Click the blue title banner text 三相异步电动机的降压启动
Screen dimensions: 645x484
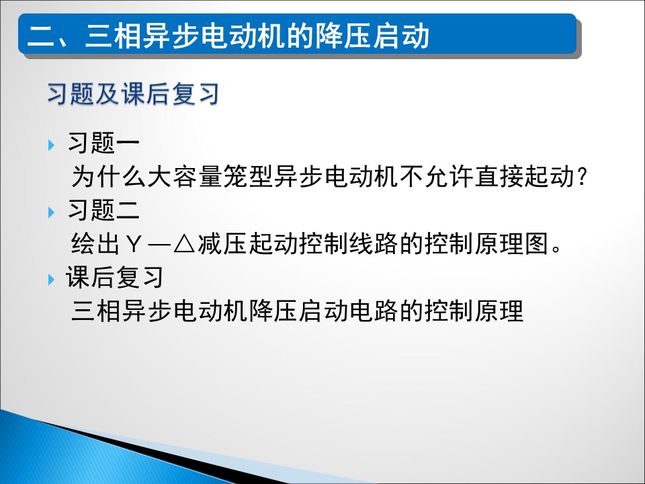[x=257, y=35]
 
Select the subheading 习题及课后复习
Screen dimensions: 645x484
[x=133, y=93]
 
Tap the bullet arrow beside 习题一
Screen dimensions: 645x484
[x=52, y=145]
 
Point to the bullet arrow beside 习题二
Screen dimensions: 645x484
[x=52, y=212]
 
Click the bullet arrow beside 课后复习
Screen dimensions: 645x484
[x=52, y=280]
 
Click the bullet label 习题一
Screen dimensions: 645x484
[x=103, y=143]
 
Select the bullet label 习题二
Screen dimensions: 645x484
[x=103, y=210]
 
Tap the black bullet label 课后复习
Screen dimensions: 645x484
[x=114, y=277]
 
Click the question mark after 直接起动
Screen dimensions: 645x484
[x=581, y=177]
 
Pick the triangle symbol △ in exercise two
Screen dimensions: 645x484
[x=184, y=244]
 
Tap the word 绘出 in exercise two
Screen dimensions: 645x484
[x=95, y=243]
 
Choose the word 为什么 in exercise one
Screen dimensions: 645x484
[x=109, y=177]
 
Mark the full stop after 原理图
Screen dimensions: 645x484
[x=556, y=249]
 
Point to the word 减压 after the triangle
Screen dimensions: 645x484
[x=222, y=243]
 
